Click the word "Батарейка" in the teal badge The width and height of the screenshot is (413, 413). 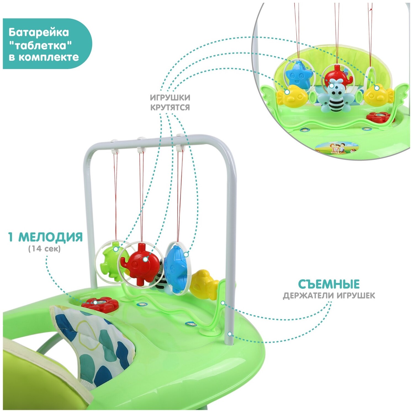tap(39, 32)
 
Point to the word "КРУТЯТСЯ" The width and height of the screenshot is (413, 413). tap(170, 107)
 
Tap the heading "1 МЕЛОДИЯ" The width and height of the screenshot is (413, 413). tap(46, 237)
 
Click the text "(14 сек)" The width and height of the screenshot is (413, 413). tap(44, 249)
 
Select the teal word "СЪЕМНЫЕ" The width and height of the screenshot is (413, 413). tap(329, 284)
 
